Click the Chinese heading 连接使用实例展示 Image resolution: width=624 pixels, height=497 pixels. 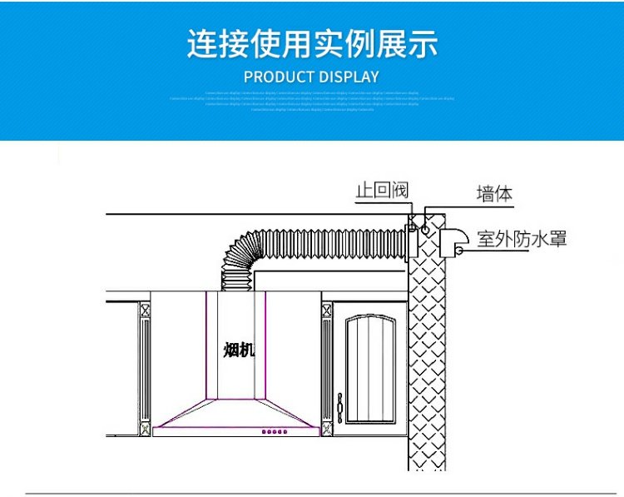(x=312, y=43)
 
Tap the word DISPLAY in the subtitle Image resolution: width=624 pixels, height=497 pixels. (x=350, y=77)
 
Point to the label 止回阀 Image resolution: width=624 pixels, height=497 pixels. (x=382, y=191)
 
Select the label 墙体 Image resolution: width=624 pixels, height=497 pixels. (x=494, y=194)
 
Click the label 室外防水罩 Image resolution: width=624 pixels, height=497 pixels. (x=522, y=239)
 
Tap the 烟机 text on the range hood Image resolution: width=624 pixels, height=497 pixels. (x=238, y=350)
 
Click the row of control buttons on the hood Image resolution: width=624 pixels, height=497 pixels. (x=275, y=431)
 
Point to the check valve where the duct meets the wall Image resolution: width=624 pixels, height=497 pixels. (x=411, y=242)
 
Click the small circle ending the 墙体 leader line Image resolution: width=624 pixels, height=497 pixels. (x=426, y=226)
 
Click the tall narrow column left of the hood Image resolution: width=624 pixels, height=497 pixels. (x=145, y=366)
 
